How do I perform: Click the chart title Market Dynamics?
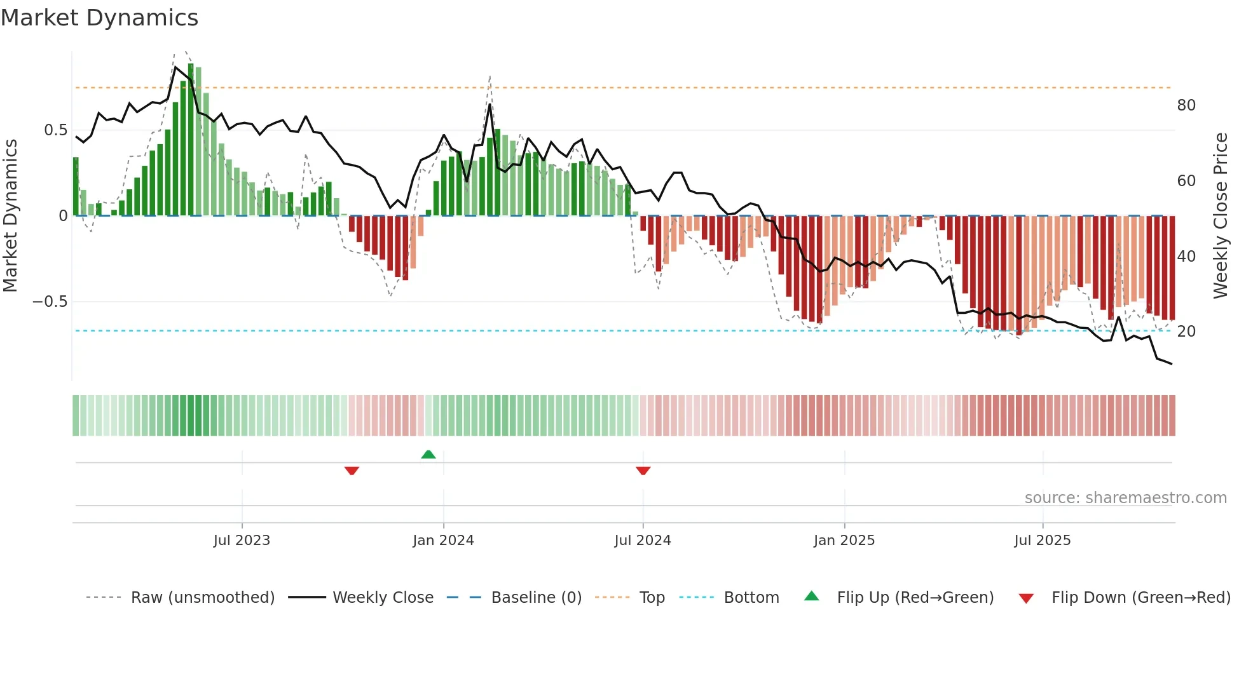click(99, 18)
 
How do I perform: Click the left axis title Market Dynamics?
click(10, 216)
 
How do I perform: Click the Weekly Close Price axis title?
click(1220, 216)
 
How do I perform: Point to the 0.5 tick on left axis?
click(55, 130)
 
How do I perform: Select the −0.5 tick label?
click(50, 302)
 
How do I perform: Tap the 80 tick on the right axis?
click(1186, 105)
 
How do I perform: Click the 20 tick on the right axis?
click(1186, 332)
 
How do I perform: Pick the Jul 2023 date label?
click(242, 541)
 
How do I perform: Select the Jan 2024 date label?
click(443, 541)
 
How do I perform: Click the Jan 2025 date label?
click(844, 541)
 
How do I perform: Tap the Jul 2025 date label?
click(1043, 541)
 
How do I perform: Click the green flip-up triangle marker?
click(428, 454)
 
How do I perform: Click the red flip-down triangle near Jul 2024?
click(643, 471)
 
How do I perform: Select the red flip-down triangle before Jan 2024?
click(352, 471)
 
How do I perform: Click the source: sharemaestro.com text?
click(1125, 498)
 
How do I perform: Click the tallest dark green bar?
click(191, 140)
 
